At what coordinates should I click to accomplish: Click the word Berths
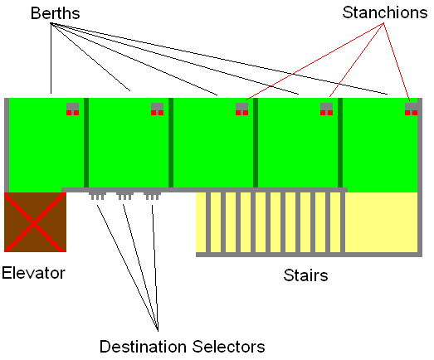56,13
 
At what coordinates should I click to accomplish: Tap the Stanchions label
385,12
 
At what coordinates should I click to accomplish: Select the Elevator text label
33,273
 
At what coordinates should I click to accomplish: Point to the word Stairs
305,275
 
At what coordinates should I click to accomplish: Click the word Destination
144,347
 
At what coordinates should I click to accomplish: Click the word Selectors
229,347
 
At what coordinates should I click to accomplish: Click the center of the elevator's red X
34,223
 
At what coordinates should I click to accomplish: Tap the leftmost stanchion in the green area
72,109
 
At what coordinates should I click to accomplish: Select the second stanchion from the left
157,109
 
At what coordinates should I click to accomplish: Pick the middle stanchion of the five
242,109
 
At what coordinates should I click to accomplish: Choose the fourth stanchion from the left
327,109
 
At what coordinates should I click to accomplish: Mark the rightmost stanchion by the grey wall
412,109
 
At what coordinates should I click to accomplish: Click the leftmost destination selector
97,196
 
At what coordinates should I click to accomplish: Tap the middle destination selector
124,196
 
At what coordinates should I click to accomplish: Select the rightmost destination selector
152,196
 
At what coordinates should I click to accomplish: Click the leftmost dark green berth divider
86,143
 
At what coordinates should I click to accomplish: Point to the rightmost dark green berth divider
340,143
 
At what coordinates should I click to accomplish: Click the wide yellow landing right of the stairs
381,222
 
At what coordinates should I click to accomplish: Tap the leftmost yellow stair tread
201,222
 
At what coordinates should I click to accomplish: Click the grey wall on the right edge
420,177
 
